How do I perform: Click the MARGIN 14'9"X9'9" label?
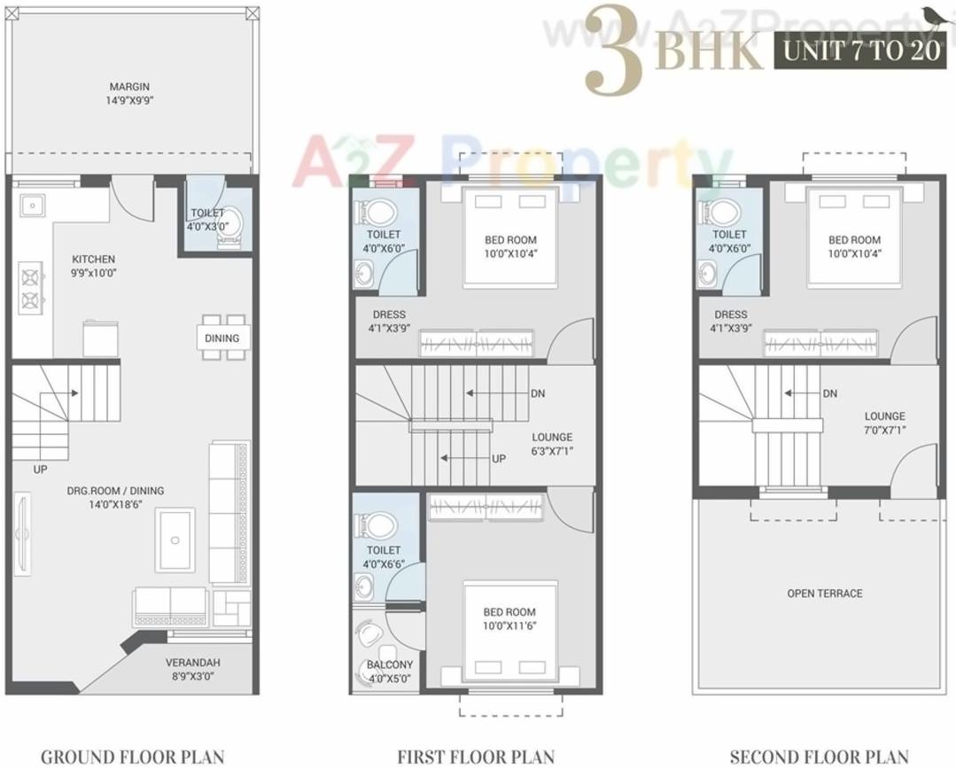129,93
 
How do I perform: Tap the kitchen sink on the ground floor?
33,206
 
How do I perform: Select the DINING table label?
222,338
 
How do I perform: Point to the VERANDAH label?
192,669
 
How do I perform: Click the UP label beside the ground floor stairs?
41,470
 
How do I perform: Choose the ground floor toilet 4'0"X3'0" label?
208,219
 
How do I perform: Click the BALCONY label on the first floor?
390,672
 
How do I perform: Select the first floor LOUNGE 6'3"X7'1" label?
552,444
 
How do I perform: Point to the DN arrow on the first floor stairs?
496,393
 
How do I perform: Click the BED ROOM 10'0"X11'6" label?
509,618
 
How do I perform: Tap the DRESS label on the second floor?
730,321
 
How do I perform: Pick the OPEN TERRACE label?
824,594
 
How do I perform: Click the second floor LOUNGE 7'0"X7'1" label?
885,423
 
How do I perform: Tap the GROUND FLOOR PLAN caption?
132,757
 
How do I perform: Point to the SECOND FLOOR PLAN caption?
819,757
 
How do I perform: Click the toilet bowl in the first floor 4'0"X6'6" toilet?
373,526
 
